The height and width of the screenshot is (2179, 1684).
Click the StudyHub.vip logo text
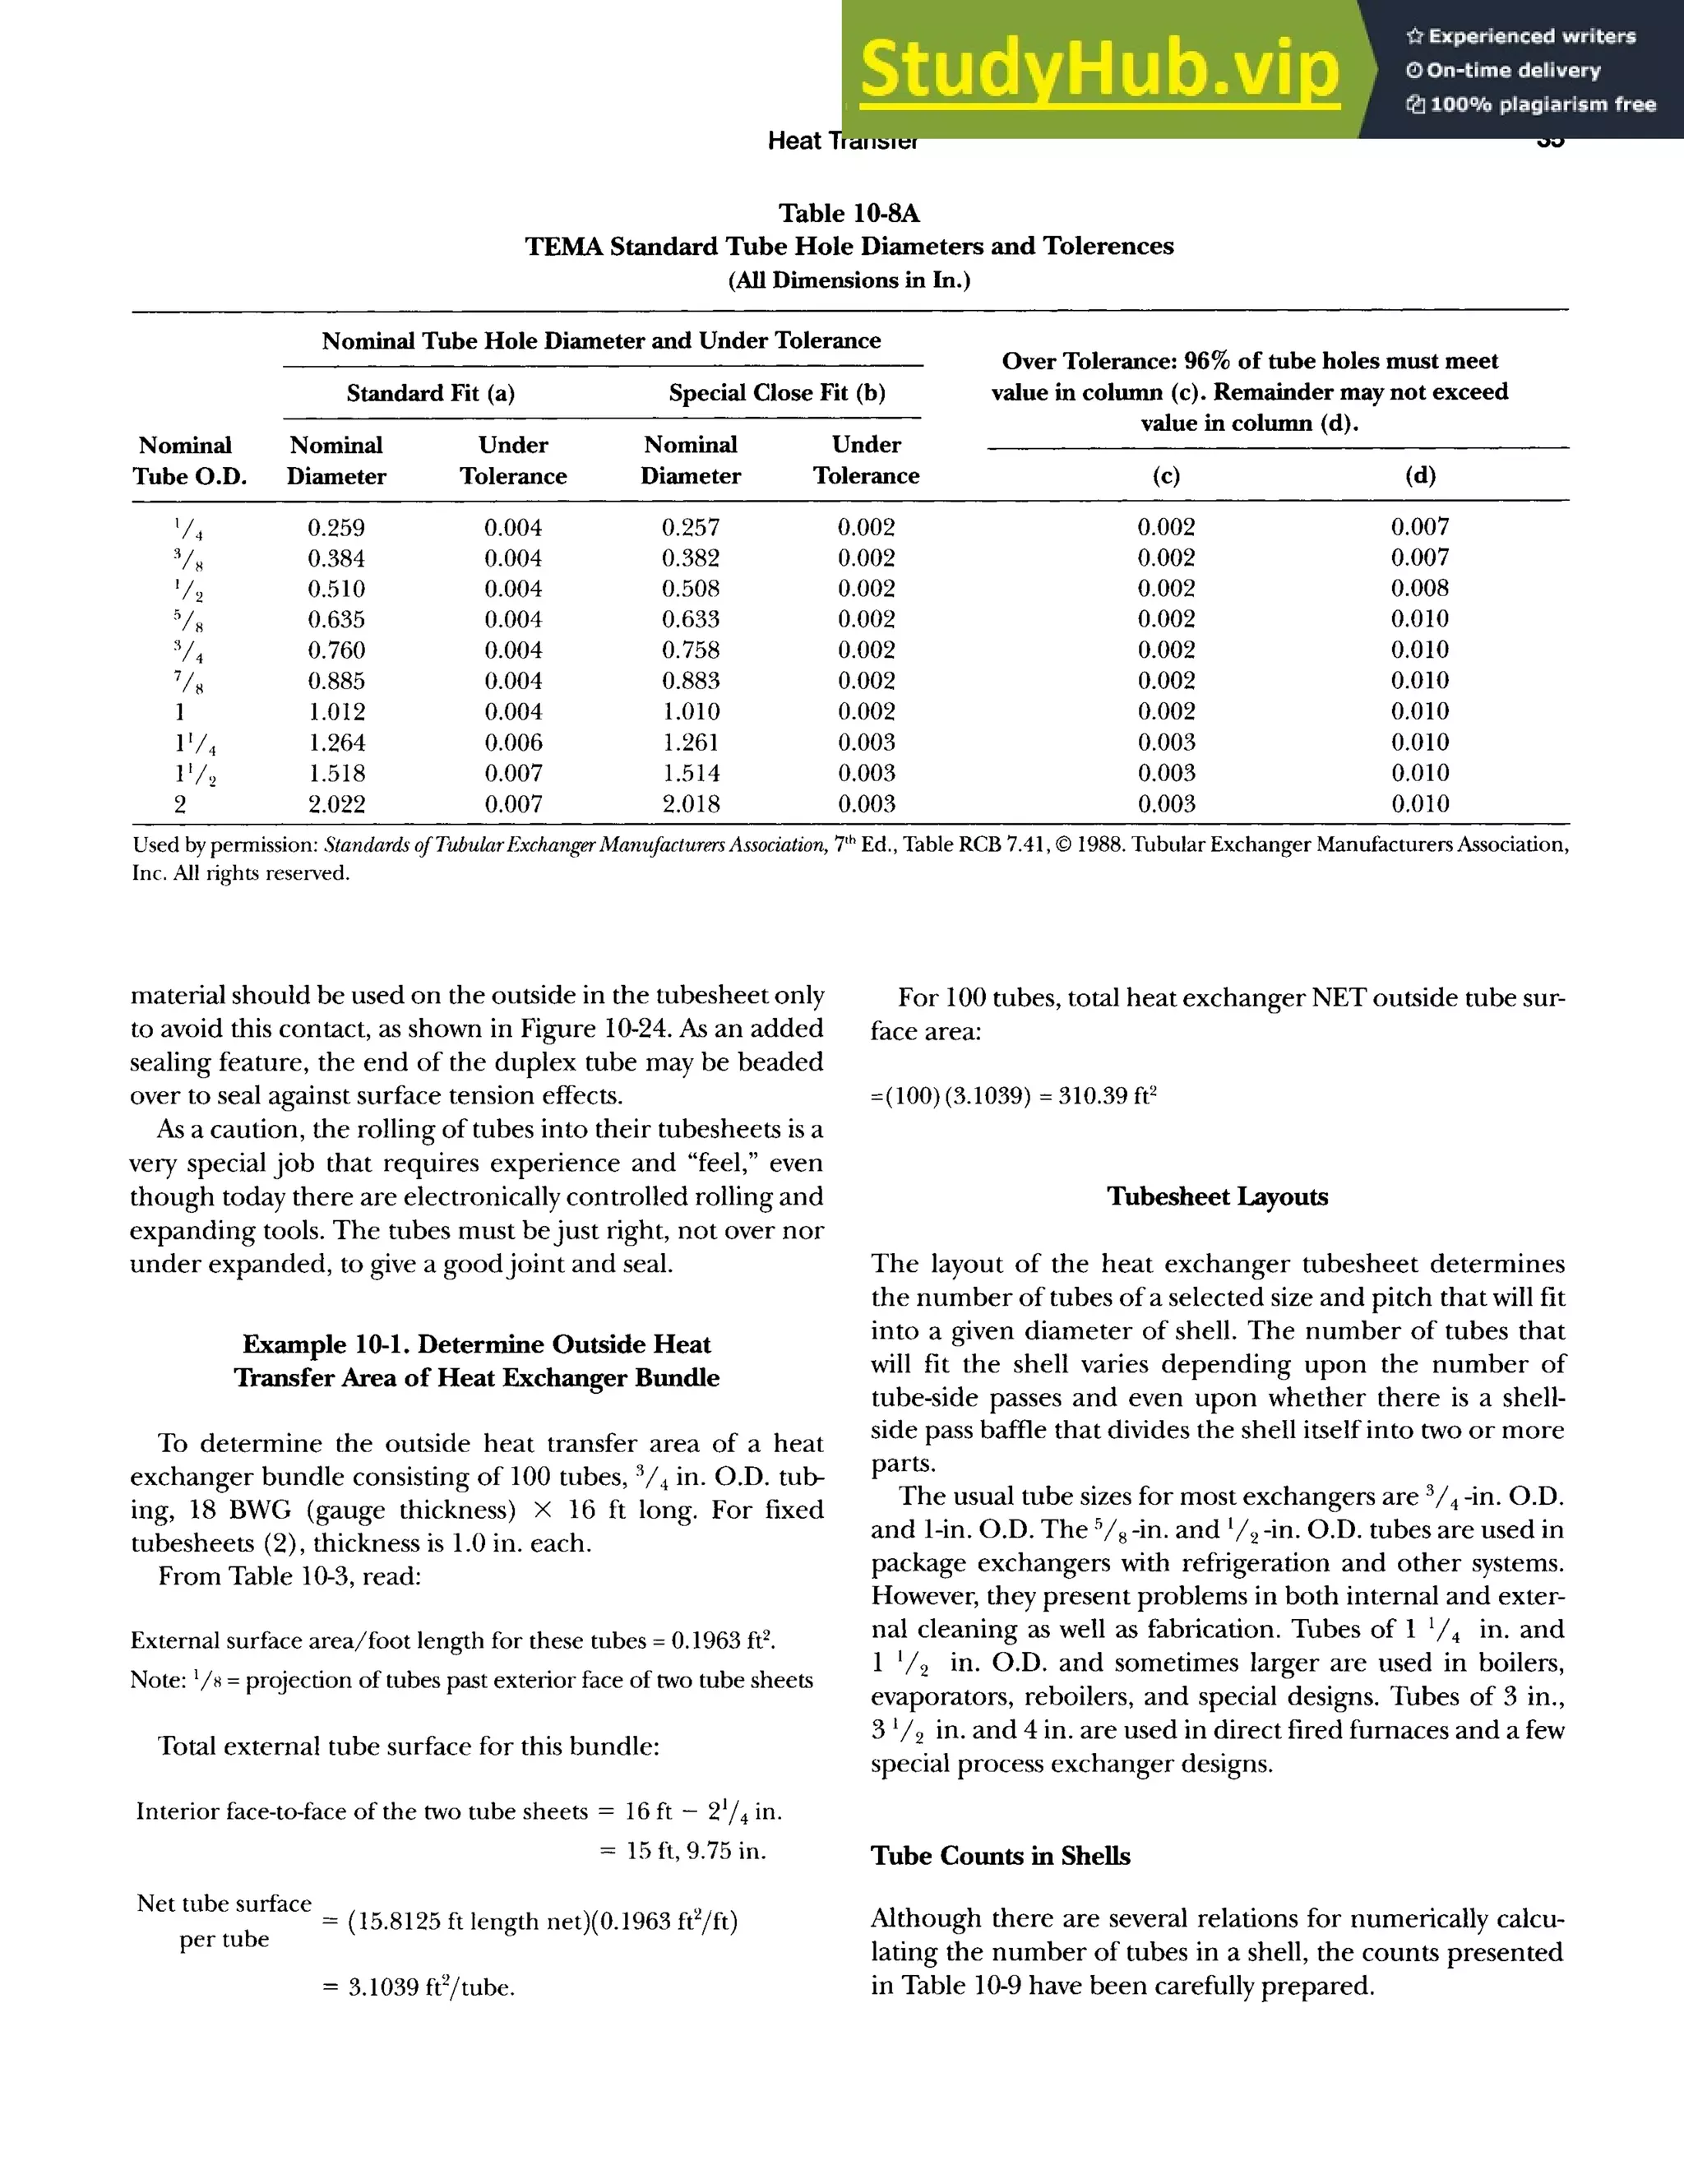click(1099, 69)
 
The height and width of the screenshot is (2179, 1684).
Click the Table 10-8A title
click(848, 214)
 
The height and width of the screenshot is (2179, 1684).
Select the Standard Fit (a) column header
click(430, 393)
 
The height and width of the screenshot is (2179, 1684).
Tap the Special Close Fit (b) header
click(777, 393)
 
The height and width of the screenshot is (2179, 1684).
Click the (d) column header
click(1419, 476)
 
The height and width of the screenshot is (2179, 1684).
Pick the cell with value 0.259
click(336, 528)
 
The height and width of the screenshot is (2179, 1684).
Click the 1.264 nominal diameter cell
click(336, 743)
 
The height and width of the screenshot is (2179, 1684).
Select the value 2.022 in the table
click(336, 804)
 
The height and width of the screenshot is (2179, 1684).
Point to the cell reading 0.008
click(1419, 589)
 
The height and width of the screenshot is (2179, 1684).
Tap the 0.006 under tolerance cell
click(513, 743)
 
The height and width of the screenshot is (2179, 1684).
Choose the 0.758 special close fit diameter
click(691, 650)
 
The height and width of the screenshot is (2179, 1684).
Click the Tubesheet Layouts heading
click(1217, 1197)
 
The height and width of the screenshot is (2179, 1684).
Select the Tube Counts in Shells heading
click(1000, 1856)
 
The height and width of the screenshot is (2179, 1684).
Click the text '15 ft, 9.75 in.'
click(696, 1852)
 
